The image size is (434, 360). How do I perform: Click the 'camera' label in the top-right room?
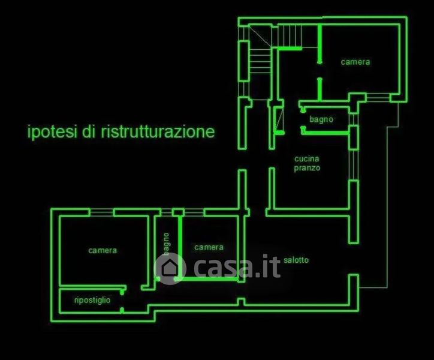pyautogui.click(x=355, y=62)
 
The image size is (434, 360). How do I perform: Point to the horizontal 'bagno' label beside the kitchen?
pyautogui.click(x=321, y=119)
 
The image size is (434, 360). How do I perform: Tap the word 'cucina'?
pyautogui.click(x=306, y=159)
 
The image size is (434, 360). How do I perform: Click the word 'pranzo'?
pyautogui.click(x=307, y=169)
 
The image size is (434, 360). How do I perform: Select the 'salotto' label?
pyautogui.click(x=296, y=260)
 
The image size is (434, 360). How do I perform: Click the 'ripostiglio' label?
pyautogui.click(x=92, y=300)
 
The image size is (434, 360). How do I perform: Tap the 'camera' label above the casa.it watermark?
pyautogui.click(x=209, y=247)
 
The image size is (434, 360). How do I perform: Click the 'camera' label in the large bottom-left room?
pyautogui.click(x=103, y=250)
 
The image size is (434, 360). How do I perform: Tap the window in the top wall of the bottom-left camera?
pyautogui.click(x=101, y=212)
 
